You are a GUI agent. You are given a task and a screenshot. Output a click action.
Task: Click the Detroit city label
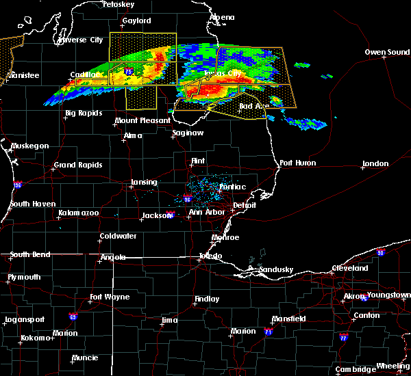[245, 205]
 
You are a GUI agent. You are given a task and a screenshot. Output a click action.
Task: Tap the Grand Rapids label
[79, 165]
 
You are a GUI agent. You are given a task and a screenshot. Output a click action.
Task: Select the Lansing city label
[143, 183]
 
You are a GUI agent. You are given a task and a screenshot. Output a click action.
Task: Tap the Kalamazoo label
[78, 213]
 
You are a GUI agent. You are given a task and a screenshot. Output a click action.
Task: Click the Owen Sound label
[388, 52]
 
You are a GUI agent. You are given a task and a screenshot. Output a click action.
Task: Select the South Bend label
[30, 254]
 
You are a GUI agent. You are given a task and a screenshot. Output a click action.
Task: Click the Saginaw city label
[187, 133]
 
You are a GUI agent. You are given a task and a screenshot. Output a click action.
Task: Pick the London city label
[375, 164]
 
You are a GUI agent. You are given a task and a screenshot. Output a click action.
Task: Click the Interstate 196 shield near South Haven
[17, 185]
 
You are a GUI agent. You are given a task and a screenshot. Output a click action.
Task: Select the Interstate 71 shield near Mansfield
[269, 332]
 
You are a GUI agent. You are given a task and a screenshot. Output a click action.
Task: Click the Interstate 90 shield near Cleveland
[380, 253]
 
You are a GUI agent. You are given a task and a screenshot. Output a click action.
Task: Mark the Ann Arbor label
[205, 212]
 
